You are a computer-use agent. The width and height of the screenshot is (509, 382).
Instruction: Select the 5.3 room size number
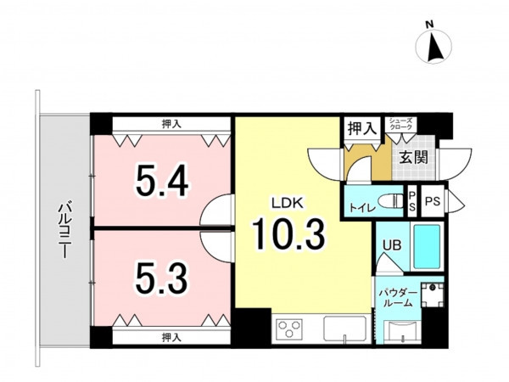tap(162, 278)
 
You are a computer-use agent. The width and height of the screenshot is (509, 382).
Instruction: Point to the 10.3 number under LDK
tap(288, 234)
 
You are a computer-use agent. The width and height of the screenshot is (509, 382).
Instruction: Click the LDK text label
tap(288, 204)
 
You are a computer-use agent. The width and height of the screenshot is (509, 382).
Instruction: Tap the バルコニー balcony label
tap(65, 230)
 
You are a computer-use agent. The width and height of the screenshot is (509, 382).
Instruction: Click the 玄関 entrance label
tap(414, 158)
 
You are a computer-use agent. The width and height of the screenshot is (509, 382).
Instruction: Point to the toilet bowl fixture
tap(392, 200)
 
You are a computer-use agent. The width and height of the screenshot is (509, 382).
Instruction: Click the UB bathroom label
tap(392, 245)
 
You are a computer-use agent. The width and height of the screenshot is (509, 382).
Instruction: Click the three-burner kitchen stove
tap(289, 329)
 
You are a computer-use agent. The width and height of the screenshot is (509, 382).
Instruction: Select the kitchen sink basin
tap(344, 329)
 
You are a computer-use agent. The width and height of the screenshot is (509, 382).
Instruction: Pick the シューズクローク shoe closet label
tap(401, 123)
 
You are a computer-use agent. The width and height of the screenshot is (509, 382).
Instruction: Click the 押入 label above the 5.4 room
tap(171, 124)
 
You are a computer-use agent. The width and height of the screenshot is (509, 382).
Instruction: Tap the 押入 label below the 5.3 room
tap(171, 338)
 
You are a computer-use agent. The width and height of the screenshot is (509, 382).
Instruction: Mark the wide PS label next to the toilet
tap(433, 201)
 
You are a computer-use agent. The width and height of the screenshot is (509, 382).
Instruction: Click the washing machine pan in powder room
tap(433, 295)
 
